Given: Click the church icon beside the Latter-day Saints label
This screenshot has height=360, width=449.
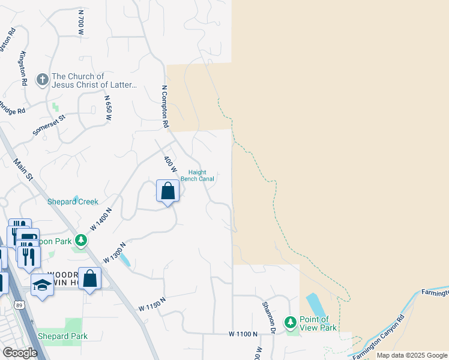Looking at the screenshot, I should click(x=42, y=79).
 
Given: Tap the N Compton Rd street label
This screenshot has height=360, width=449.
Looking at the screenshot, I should click(x=165, y=107).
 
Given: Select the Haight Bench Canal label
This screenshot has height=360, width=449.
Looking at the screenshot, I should click(x=197, y=175).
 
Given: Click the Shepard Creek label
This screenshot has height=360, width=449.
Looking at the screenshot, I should click(x=73, y=202).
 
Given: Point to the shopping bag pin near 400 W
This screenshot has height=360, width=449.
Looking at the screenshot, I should click(x=167, y=191).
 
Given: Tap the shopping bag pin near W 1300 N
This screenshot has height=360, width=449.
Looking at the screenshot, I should click(x=89, y=279).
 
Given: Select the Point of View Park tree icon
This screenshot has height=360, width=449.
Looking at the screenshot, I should click(x=291, y=323).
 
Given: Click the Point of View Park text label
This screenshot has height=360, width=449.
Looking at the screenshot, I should click(x=318, y=323).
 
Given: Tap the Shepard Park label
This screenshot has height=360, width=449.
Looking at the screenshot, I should click(x=62, y=336).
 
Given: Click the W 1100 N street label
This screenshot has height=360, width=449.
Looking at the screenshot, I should click(x=243, y=334).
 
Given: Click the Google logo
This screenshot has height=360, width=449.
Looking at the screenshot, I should click(x=20, y=353).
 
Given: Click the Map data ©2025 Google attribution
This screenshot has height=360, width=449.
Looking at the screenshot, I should click(x=411, y=355).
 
